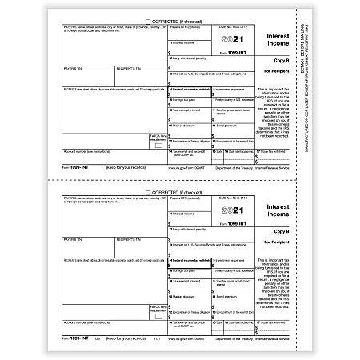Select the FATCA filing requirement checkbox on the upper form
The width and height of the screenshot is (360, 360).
point(158,146)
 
